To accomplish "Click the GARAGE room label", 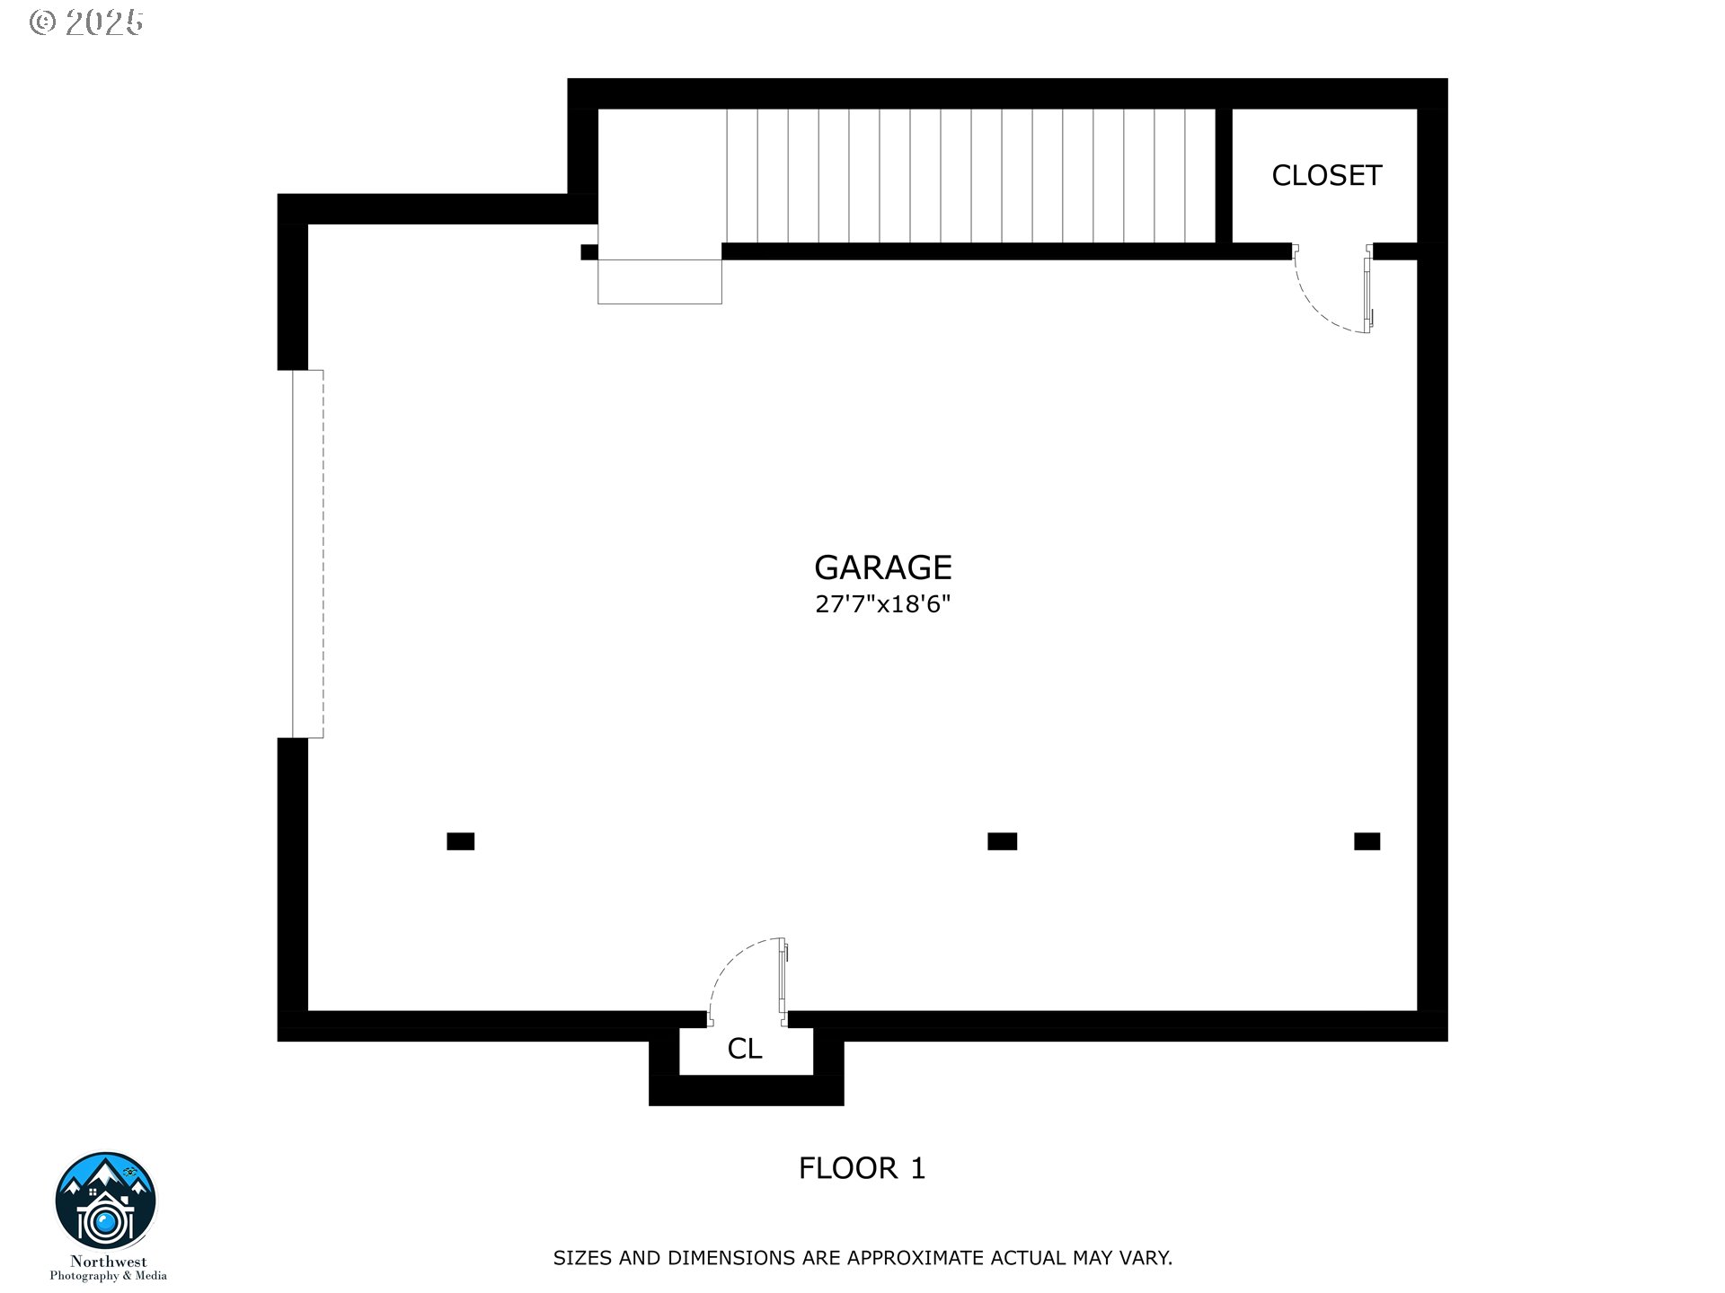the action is (882, 567).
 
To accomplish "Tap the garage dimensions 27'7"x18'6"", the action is (882, 604).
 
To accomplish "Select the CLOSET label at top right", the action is (1326, 175).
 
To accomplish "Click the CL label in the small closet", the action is (745, 1049).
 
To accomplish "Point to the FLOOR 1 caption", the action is (862, 1168).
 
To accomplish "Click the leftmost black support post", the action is (461, 841).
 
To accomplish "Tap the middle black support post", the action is (1003, 841).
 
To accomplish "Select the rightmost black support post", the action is (1367, 841).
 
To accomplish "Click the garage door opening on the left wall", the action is (307, 554).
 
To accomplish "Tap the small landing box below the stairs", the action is (659, 282).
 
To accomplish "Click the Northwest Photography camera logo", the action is (106, 1201).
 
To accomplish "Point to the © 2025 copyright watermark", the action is (86, 22).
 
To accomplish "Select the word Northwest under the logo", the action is (108, 1262).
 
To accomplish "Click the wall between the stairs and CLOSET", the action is (1223, 175).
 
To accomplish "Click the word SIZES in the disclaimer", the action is (583, 1258).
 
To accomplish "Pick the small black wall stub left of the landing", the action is (589, 252).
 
